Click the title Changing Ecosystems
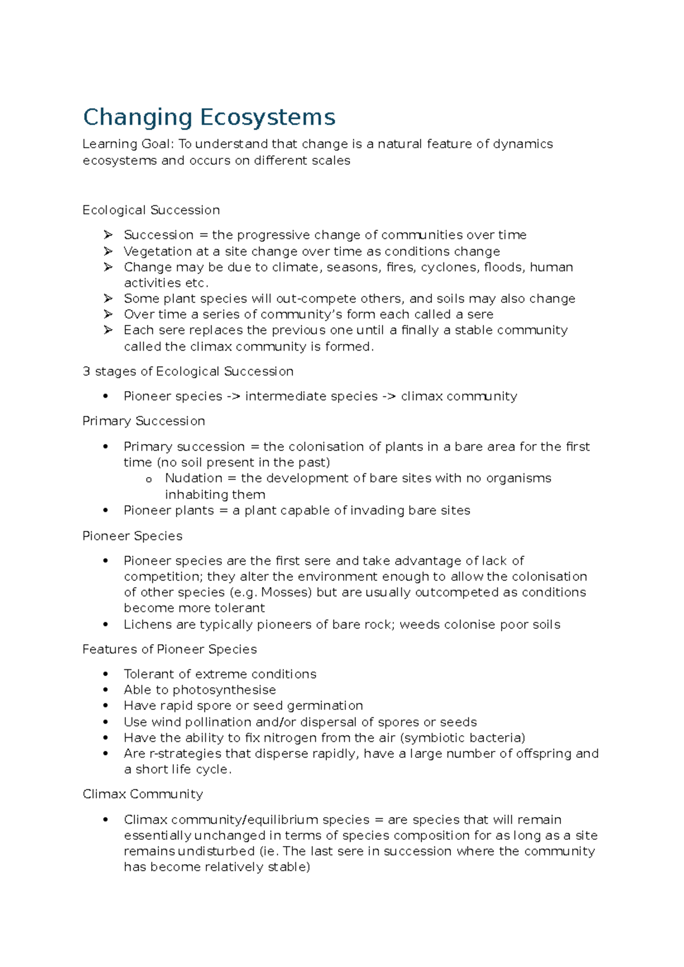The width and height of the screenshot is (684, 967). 209,117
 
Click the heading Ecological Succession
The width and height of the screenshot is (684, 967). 151,210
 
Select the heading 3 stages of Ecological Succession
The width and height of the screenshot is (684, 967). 188,371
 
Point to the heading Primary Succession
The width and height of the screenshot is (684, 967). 144,421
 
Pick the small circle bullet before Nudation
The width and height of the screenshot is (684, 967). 149,480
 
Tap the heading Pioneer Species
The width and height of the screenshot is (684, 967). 132,535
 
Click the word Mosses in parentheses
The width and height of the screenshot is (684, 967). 286,592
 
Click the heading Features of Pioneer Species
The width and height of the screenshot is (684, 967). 169,649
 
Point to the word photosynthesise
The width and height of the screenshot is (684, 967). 224,690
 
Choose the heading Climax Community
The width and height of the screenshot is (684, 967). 142,794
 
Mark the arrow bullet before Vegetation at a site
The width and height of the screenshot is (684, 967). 108,251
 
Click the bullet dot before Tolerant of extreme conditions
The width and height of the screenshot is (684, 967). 105,674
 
